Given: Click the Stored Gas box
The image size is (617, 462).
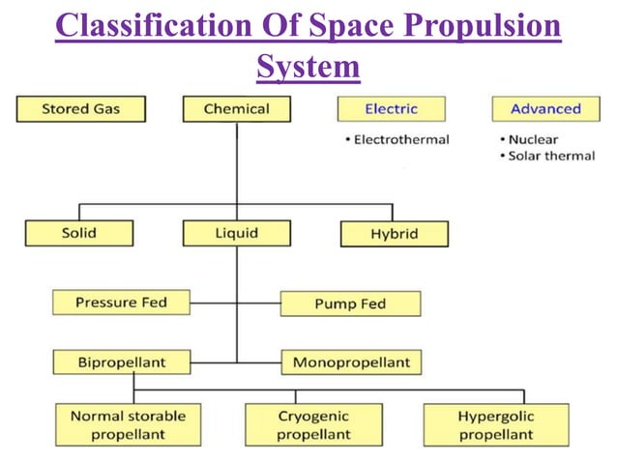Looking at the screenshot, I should pos(80,108).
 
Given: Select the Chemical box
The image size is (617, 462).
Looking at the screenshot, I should pos(236,108).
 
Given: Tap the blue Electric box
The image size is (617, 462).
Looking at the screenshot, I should pos(391,108).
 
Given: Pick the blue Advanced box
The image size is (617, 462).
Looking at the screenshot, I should pos(545,108).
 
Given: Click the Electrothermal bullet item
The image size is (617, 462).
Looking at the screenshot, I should pos(397,139).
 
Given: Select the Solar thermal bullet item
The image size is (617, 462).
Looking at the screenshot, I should pos(550,156).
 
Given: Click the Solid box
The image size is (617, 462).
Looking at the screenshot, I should pos(78,233).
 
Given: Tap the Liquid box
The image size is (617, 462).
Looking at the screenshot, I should pos(236,233).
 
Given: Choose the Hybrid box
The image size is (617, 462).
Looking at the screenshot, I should pos(395,234).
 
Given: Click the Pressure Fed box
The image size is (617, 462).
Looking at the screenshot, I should pos(121,303).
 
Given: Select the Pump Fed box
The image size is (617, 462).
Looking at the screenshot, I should pos(350,303).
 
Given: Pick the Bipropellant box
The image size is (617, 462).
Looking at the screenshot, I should pos(121,362).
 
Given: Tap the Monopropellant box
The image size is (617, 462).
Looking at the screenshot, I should pos(351,362).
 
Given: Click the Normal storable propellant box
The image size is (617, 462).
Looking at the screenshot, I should pos(128,424).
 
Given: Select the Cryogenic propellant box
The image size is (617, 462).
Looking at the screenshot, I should pos(313,424).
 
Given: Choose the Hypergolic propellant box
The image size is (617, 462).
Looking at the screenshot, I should pos(495,424).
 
